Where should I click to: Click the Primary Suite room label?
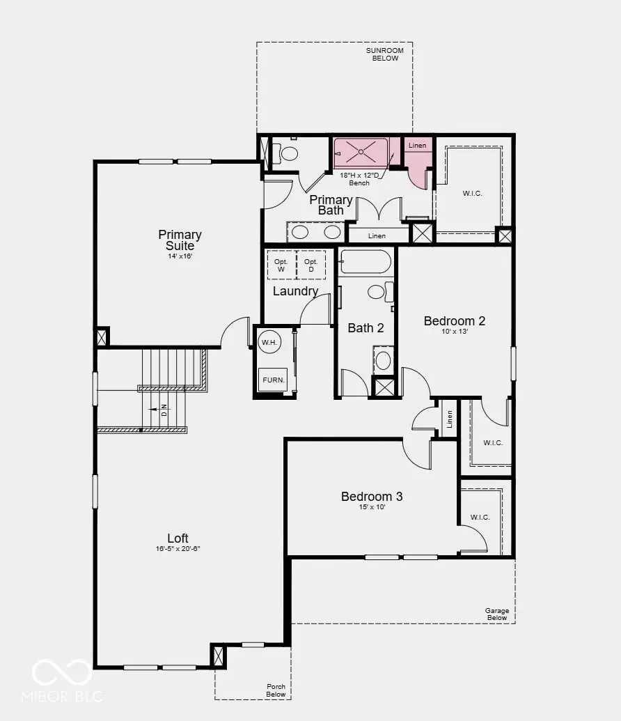click(x=180, y=240)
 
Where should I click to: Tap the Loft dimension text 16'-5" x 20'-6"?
click(x=178, y=549)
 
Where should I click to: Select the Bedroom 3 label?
click(x=372, y=497)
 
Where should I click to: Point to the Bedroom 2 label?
click(x=455, y=321)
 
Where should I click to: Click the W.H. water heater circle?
click(x=269, y=342)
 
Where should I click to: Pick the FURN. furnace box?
click(x=272, y=380)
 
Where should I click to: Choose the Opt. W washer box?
click(x=281, y=265)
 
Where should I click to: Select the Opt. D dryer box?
click(x=310, y=265)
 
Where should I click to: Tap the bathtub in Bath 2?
click(x=365, y=262)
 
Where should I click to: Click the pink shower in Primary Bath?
click(x=361, y=152)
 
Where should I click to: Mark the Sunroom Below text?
click(x=384, y=54)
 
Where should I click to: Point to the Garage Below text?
click(x=497, y=614)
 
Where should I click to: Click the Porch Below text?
click(x=276, y=690)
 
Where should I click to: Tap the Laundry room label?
click(x=295, y=291)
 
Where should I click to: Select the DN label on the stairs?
click(x=164, y=410)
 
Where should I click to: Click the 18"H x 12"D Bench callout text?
click(x=359, y=179)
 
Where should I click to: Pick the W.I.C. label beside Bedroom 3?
click(x=480, y=517)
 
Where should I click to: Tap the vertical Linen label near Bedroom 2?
click(x=450, y=418)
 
